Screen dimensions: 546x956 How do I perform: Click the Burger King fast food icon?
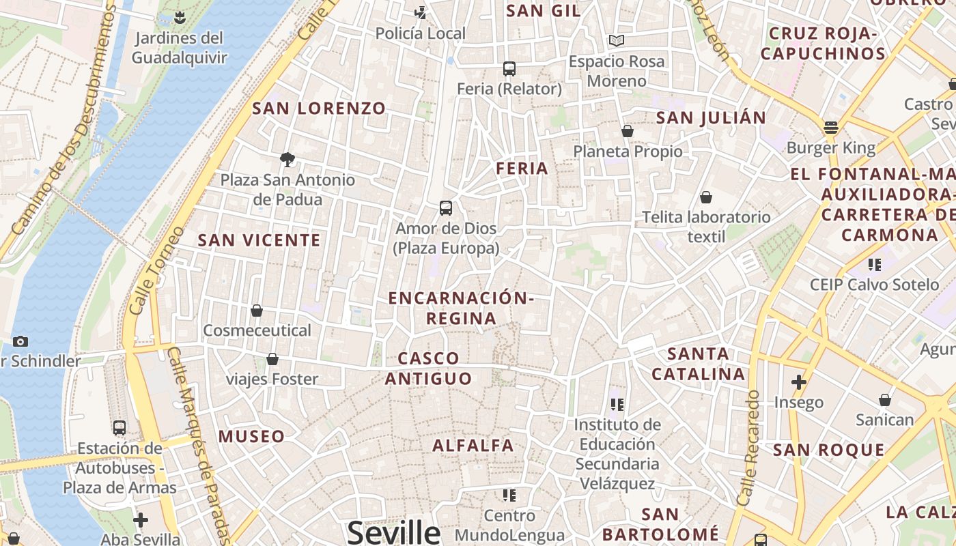831,127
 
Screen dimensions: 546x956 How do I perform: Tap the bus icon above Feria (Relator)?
509,68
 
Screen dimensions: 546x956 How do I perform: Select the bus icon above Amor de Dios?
446,208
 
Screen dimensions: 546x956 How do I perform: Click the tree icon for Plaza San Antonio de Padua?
287,160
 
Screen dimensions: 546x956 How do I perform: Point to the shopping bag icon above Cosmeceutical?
257,311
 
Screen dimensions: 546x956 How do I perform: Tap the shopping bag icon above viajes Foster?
272,359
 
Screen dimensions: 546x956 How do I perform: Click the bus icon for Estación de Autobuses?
119,428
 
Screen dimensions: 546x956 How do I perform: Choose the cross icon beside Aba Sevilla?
141,520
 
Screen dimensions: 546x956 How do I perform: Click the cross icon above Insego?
798,382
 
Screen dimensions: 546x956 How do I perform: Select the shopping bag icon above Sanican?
885,399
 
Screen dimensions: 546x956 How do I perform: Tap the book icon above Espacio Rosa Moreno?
617,41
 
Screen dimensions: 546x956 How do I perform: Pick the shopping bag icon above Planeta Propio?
628,131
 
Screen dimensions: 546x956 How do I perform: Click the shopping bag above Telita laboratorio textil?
706,197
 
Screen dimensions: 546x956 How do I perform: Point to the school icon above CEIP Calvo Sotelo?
875,264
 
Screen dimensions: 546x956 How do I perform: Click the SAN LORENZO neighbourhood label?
319,108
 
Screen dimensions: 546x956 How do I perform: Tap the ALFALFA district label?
473,446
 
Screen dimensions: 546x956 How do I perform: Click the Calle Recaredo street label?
748,447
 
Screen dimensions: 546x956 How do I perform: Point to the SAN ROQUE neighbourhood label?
828,450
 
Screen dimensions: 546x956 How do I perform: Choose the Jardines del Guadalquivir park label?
179,47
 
